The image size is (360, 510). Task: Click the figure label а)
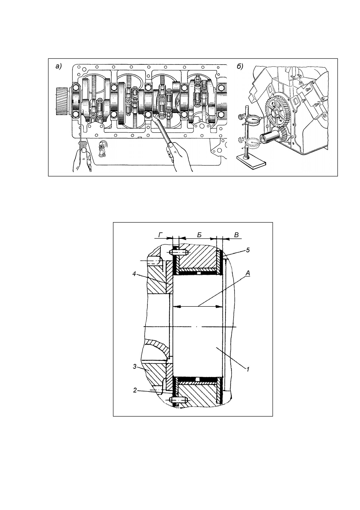pos(59,67)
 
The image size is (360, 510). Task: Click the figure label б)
pos(240,67)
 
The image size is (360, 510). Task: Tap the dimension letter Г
pos(160,235)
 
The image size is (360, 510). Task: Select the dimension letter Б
pos(199,235)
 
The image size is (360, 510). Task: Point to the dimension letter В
pos(236,235)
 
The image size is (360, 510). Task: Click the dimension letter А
pos(248,273)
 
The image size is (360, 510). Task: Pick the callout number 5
pos(248,250)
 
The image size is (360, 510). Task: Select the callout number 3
pos(135,367)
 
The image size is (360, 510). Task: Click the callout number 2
pos(135,390)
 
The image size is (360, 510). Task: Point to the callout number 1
pos(248,370)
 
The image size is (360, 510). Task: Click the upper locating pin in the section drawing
pos(179,252)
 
